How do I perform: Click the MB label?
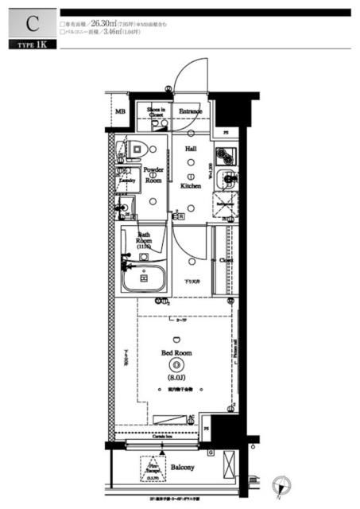121,112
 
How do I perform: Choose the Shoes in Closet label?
156,113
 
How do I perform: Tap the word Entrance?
190,111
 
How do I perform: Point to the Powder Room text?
153,175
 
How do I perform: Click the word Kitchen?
191,185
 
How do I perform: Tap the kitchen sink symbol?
228,180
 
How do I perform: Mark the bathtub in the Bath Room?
143,279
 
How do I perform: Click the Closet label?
226,259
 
